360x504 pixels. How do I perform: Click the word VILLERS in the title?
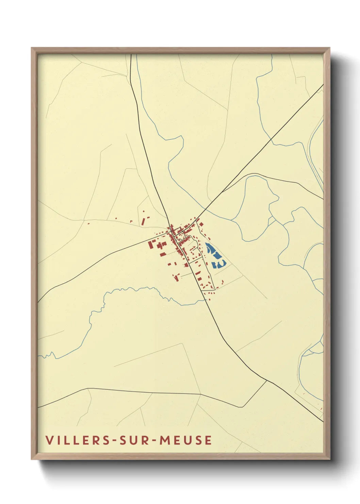click(x=78, y=440)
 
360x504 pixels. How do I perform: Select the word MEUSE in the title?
click(x=185, y=440)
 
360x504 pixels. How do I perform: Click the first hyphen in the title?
click(x=114, y=440)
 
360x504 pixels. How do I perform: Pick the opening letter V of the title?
click(x=49, y=440)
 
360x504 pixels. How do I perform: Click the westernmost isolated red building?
click(x=88, y=224)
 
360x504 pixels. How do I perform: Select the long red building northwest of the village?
click(x=143, y=221)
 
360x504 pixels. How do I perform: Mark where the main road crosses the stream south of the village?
click(x=206, y=300)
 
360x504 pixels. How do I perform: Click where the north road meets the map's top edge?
click(x=131, y=54)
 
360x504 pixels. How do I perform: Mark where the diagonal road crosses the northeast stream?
click(x=271, y=139)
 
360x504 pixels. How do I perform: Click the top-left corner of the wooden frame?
click(x=32, y=48)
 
